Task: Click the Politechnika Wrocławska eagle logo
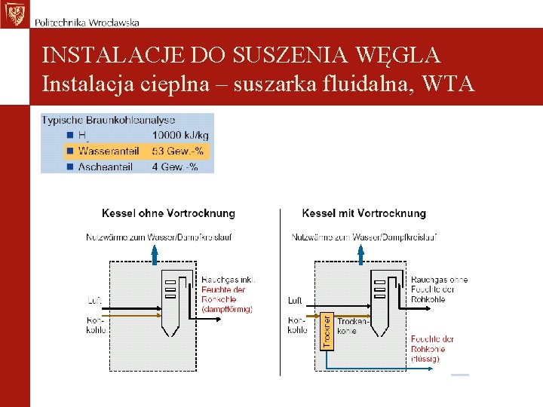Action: click(14, 14)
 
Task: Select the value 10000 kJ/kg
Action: click(181, 136)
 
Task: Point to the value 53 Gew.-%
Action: click(178, 151)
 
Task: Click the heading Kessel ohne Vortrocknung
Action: click(168, 213)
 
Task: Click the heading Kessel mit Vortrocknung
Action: click(364, 213)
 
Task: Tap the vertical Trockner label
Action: click(327, 331)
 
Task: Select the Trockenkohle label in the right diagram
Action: click(352, 326)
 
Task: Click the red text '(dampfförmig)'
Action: click(226, 309)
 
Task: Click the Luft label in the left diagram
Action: click(95, 301)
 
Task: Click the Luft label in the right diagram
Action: click(295, 301)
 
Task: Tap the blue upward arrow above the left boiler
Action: click(154, 255)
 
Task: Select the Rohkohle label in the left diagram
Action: click(96, 325)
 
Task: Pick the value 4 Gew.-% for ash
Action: click(175, 167)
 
